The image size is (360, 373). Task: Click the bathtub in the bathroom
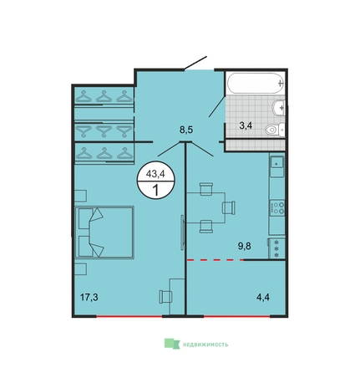point(256,83)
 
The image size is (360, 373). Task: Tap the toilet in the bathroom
point(275,130)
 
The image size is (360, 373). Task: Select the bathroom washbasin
point(279,108)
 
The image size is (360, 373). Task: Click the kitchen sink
point(276,165)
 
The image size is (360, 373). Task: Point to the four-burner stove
point(277,207)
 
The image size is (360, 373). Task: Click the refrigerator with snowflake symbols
point(276,248)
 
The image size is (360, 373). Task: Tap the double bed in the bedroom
point(104,232)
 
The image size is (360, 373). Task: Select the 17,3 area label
point(89,298)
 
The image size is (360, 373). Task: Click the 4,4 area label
point(263,298)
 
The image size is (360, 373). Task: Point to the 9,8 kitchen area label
point(245,247)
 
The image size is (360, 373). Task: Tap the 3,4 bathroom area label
point(246,125)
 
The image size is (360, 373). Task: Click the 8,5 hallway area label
point(186,130)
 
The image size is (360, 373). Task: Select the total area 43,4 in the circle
point(155,174)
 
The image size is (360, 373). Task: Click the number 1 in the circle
point(155,191)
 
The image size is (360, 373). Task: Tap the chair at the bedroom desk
point(165,296)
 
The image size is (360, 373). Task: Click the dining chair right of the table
point(229,207)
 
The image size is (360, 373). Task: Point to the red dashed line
point(215,260)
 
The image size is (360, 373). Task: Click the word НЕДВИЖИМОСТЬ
point(205,345)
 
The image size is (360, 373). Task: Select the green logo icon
point(172,344)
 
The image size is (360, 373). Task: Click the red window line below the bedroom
point(129,316)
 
